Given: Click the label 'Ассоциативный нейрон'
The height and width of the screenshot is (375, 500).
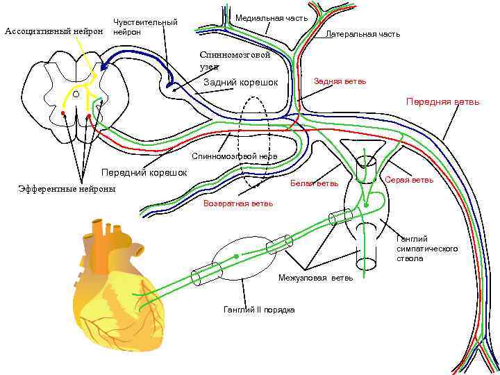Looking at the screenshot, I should pos(53,31).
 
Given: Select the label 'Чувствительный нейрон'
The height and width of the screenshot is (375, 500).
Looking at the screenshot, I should pos(144,27).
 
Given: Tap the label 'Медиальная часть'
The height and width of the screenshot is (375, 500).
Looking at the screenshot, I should pos(272,17).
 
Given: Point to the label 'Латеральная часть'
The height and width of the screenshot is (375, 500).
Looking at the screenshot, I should pos(362,34).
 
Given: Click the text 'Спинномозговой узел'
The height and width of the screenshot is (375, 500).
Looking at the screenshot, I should pos(234,60).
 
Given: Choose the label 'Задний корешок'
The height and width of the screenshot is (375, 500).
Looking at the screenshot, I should pos(240,83).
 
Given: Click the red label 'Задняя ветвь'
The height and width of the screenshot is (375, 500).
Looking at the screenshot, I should pos(340,81).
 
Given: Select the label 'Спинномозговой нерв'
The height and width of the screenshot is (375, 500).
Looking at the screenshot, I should pos(235,156).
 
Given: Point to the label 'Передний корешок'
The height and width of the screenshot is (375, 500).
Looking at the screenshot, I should pos(144,172).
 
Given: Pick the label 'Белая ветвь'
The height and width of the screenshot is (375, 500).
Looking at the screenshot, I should pos(314,183).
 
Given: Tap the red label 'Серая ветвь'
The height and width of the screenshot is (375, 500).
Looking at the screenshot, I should pos(408,180).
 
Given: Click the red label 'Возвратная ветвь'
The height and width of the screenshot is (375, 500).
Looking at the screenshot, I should pos(238,204).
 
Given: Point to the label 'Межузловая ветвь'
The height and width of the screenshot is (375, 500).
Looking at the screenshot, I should pos(315,278).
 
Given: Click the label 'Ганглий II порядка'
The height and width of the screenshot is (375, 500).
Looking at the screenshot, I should pos(259,309).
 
